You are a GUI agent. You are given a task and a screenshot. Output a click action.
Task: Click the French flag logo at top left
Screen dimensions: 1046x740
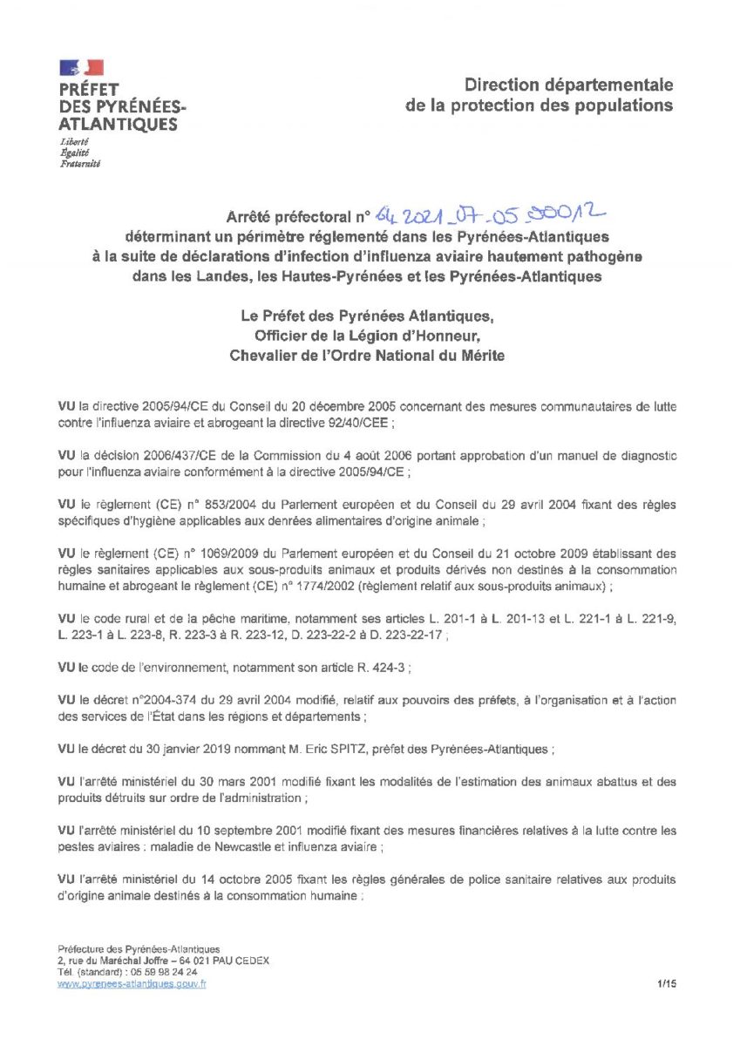point(81,67)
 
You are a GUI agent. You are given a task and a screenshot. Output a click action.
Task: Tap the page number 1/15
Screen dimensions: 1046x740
point(668,983)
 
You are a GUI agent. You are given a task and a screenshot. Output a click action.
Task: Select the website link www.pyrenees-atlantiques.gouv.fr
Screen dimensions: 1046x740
point(132,983)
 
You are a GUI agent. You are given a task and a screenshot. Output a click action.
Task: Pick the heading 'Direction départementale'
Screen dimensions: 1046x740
point(568,85)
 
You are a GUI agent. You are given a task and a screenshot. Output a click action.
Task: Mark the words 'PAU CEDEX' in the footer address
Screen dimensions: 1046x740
point(241,961)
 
